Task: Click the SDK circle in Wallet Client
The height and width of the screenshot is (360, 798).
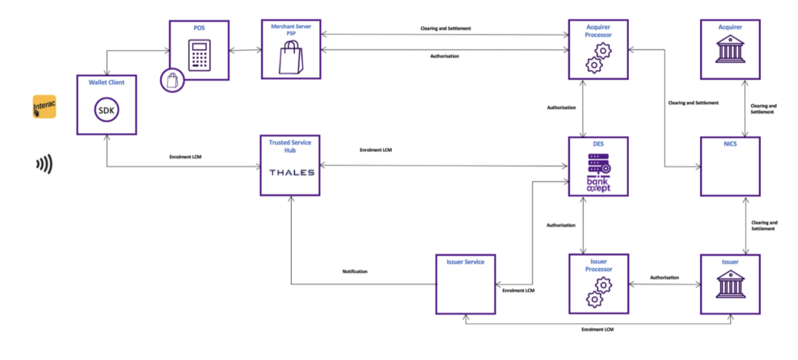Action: click(106, 110)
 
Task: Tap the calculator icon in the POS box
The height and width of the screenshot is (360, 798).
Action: click(199, 55)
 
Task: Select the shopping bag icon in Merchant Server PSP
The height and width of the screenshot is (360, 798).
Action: click(291, 57)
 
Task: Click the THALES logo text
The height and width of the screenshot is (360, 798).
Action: click(292, 173)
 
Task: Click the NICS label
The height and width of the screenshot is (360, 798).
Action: click(730, 144)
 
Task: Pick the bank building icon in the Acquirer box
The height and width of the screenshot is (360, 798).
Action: click(730, 50)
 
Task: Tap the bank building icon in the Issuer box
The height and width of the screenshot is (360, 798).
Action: click(731, 284)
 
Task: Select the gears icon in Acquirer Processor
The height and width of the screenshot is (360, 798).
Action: click(598, 58)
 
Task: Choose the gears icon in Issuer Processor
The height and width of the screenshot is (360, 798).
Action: click(598, 292)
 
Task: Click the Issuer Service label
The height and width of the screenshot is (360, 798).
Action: click(465, 262)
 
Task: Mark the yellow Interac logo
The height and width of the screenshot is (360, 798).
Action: click(44, 107)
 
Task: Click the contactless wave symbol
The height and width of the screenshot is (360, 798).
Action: click(44, 164)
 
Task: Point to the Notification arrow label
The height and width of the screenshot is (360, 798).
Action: click(355, 272)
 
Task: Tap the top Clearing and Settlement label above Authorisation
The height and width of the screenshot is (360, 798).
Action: click(445, 28)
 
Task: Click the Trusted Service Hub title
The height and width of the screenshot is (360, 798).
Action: click(290, 146)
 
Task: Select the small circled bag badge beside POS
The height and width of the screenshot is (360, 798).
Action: click(172, 80)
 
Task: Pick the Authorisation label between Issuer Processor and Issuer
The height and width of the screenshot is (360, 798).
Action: click(664, 278)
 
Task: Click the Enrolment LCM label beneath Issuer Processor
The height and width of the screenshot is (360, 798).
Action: click(598, 330)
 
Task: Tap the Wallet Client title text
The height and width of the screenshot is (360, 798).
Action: click(106, 82)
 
